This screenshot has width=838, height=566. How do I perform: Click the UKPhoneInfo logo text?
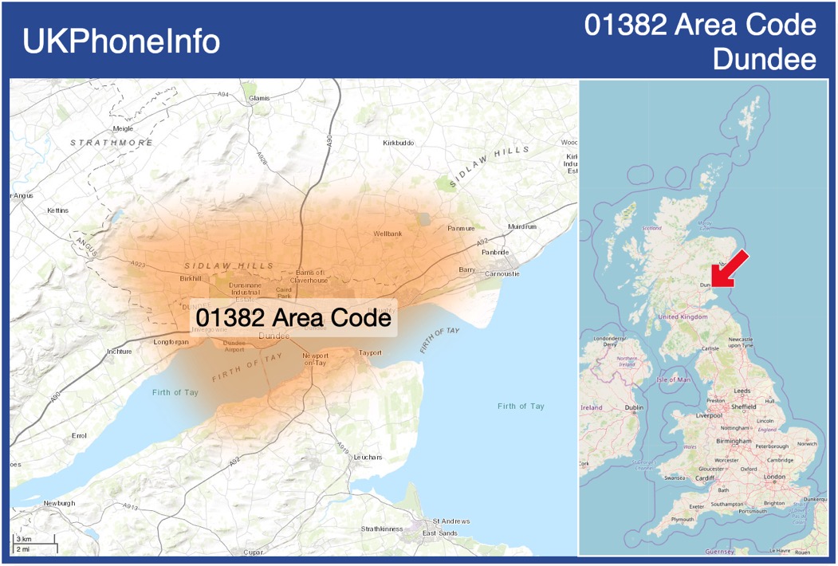[x=121, y=41]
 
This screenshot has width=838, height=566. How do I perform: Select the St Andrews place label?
[x=451, y=521]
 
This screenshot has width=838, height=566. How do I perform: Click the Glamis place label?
[x=260, y=98]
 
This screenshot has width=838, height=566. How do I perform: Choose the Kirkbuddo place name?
[x=399, y=143]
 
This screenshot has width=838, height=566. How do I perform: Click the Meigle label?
[x=123, y=128]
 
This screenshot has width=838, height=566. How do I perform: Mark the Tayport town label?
[x=370, y=352]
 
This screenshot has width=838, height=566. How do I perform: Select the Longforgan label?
[x=171, y=342]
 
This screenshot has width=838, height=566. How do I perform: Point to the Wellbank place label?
[x=388, y=234]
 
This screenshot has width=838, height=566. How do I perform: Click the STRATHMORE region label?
[x=112, y=143]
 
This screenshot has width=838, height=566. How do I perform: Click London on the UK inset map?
[x=774, y=477]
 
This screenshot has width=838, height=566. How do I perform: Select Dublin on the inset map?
[x=634, y=407]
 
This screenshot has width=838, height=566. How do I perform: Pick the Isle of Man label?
[x=674, y=379]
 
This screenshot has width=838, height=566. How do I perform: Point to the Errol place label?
[x=79, y=436]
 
